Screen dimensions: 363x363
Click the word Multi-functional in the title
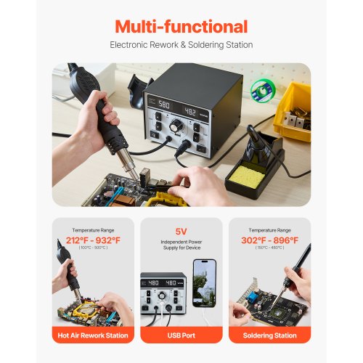click(181, 27)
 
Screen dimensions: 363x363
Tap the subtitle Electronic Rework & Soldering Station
click(181, 45)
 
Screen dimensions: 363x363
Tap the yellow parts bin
click(293, 108)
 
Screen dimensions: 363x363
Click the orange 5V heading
click(181, 234)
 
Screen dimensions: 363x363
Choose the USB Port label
click(181, 335)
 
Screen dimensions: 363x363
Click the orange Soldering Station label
click(269, 335)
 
